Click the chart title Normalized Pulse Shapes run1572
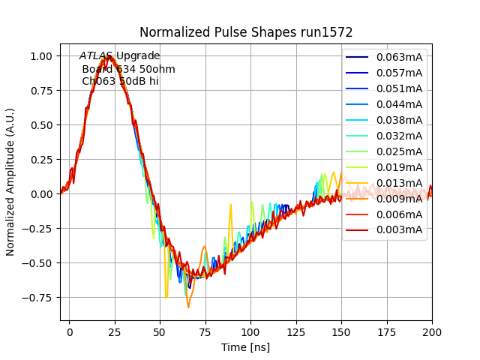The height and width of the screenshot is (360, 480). (246, 32)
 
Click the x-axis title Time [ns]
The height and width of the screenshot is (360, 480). (246, 347)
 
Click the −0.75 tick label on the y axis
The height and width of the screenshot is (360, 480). (37, 297)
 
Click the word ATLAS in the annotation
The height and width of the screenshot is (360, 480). (96, 56)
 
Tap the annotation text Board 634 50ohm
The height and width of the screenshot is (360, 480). (128, 69)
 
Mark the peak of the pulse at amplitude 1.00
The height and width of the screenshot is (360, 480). (109, 55)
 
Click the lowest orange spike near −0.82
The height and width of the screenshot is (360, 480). (188, 307)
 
